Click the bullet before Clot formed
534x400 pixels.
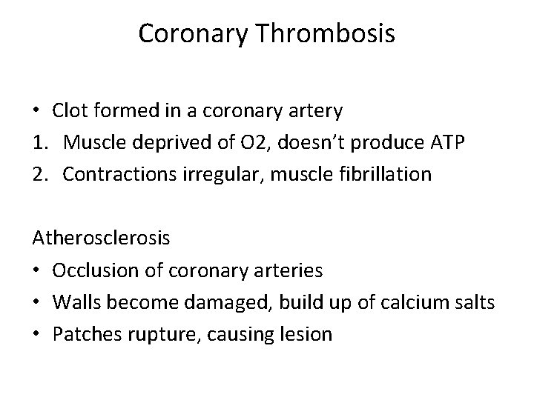(36, 112)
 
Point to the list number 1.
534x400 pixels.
(39, 144)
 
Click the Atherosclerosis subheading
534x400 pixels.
(101, 239)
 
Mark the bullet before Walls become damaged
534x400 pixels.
(36, 303)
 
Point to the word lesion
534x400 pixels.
(306, 334)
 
